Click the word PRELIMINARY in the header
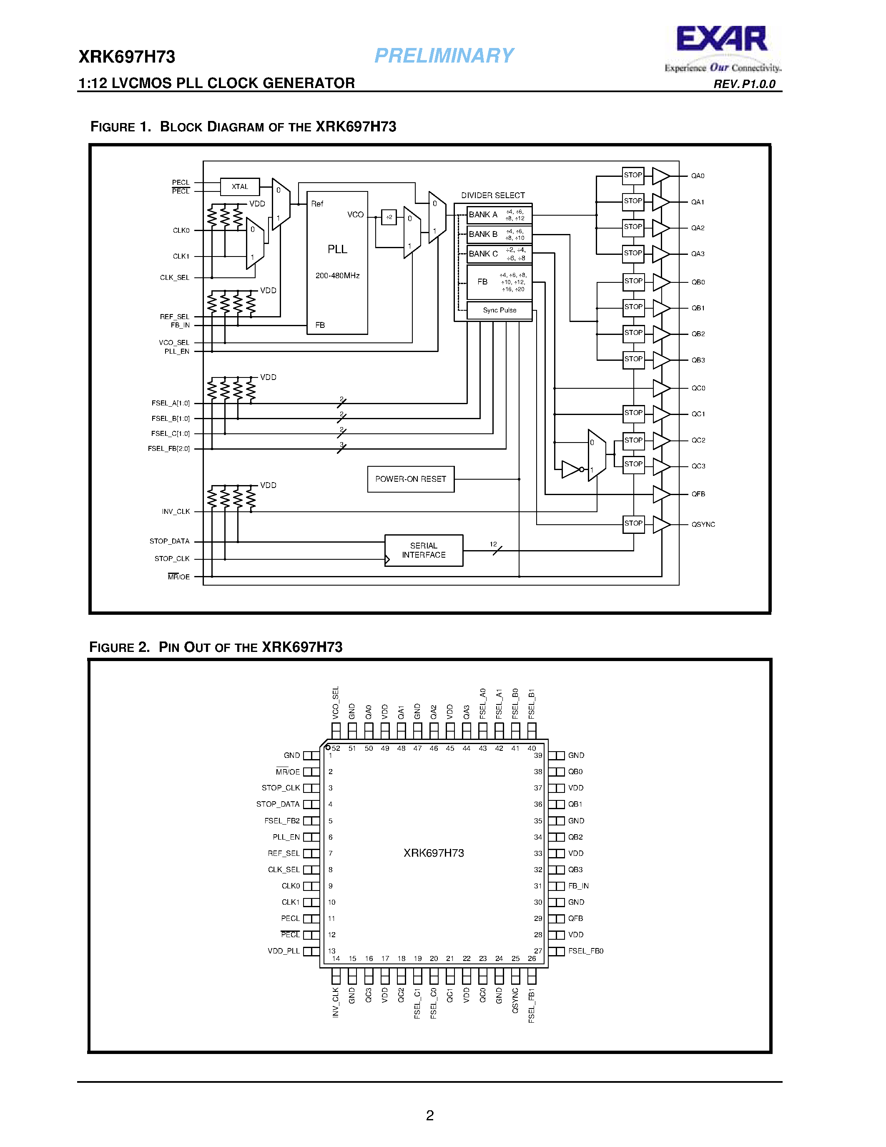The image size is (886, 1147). pos(444,55)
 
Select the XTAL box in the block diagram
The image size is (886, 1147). pos(240,186)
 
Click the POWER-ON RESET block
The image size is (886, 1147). pos(410,479)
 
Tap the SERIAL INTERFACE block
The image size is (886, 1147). pos(424,551)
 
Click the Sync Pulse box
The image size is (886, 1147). pos(499,310)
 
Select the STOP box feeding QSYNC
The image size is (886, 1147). pos(633,523)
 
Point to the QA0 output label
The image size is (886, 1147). pos(698,176)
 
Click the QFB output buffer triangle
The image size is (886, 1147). pos(660,494)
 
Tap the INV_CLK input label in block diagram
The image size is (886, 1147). pos(176,511)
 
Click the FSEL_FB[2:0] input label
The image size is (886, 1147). pos(168,449)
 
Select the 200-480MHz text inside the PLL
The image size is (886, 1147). pos(337,276)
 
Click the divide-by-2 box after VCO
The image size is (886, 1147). pos(389,217)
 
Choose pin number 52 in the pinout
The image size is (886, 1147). pos(336,748)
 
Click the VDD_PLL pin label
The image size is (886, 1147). pos(284,951)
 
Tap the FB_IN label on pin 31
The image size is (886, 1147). pos(578,886)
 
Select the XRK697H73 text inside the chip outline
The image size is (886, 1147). pos(434,853)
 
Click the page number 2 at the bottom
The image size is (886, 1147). pos(430,1115)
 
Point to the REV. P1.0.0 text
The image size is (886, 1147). pos(744,84)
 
